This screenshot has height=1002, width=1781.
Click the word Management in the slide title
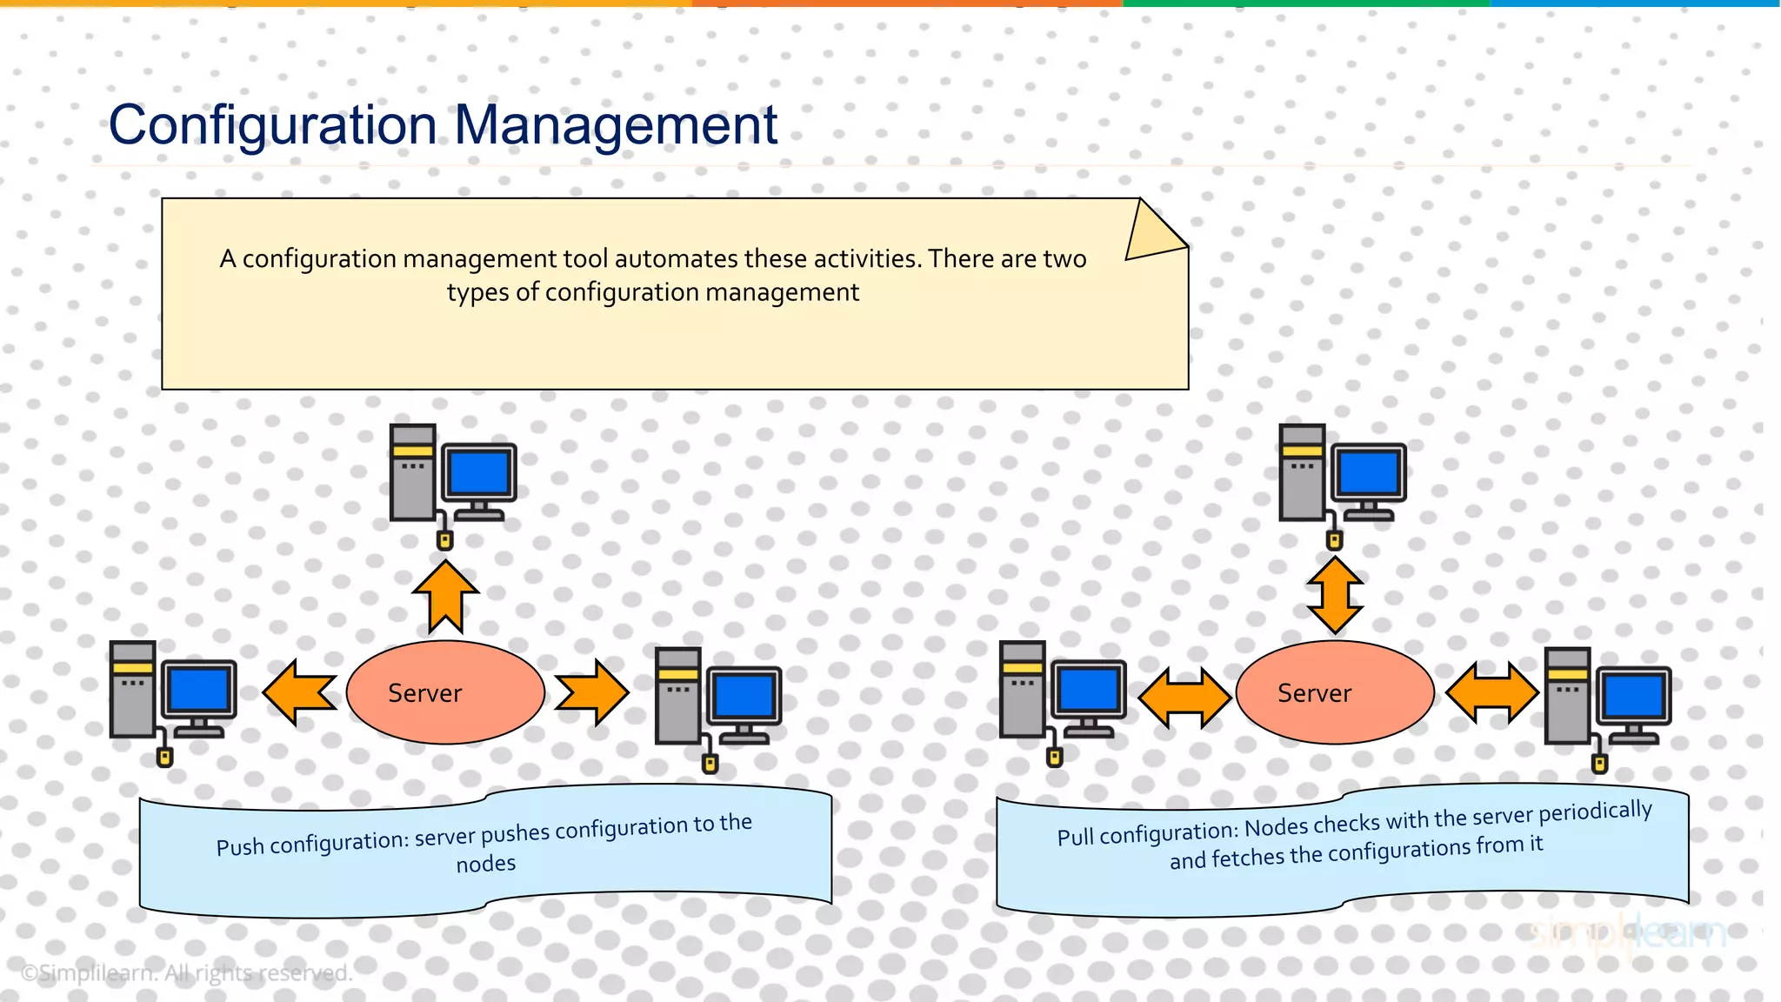[616, 125]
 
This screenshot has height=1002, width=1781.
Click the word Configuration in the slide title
[273, 125]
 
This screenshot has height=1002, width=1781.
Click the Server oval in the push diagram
[445, 692]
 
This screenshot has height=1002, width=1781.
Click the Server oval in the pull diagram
[1335, 692]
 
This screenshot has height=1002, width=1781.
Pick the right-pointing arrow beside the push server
[592, 692]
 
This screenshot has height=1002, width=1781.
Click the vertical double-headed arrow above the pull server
[1335, 596]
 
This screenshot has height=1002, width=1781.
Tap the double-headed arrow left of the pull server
[1184, 697]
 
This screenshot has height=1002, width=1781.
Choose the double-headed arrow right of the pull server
[1492, 692]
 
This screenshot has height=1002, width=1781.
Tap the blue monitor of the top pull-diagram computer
[1369, 474]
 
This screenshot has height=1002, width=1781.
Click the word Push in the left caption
[240, 847]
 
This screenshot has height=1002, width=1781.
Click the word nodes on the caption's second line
[486, 864]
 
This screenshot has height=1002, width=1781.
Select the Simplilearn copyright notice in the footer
[186, 973]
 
